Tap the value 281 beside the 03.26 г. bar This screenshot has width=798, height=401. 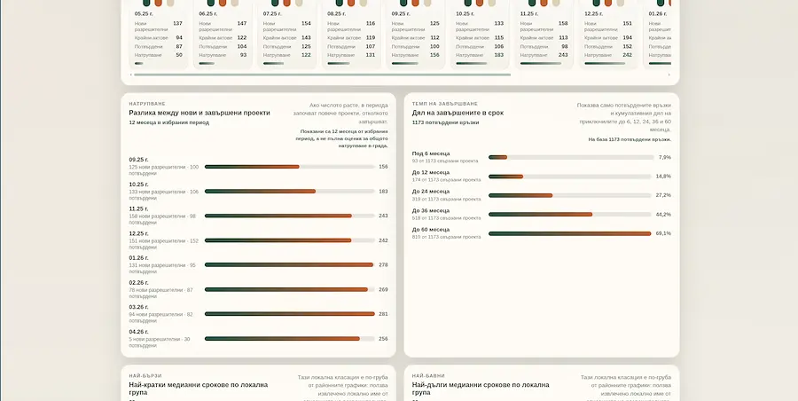pyautogui.click(x=383, y=314)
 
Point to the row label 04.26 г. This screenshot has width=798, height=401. pyautogui.click(x=138, y=332)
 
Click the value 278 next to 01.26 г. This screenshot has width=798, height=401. pyautogui.click(x=383, y=264)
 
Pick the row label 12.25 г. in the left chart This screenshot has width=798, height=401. pyautogui.click(x=138, y=233)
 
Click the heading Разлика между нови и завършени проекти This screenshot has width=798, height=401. pyautogui.click(x=199, y=113)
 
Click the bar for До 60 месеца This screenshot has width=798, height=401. pyautogui.click(x=569, y=233)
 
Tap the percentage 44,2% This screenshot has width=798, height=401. pyautogui.click(x=663, y=214)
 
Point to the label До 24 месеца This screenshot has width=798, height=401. pyautogui.click(x=431, y=191)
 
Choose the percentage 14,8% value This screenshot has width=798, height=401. pyautogui.click(x=663, y=176)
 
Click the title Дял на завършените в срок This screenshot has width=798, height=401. pyautogui.click(x=458, y=113)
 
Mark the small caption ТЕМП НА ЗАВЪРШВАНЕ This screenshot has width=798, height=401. pyautogui.click(x=444, y=104)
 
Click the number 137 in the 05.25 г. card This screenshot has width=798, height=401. pyautogui.click(x=177, y=24)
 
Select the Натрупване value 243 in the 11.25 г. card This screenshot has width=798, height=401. pyautogui.click(x=563, y=55)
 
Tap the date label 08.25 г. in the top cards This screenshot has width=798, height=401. pyautogui.click(x=337, y=13)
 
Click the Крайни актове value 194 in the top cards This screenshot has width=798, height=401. pyautogui.click(x=627, y=37)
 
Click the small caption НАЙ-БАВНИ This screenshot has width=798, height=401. pyautogui.click(x=427, y=375)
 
